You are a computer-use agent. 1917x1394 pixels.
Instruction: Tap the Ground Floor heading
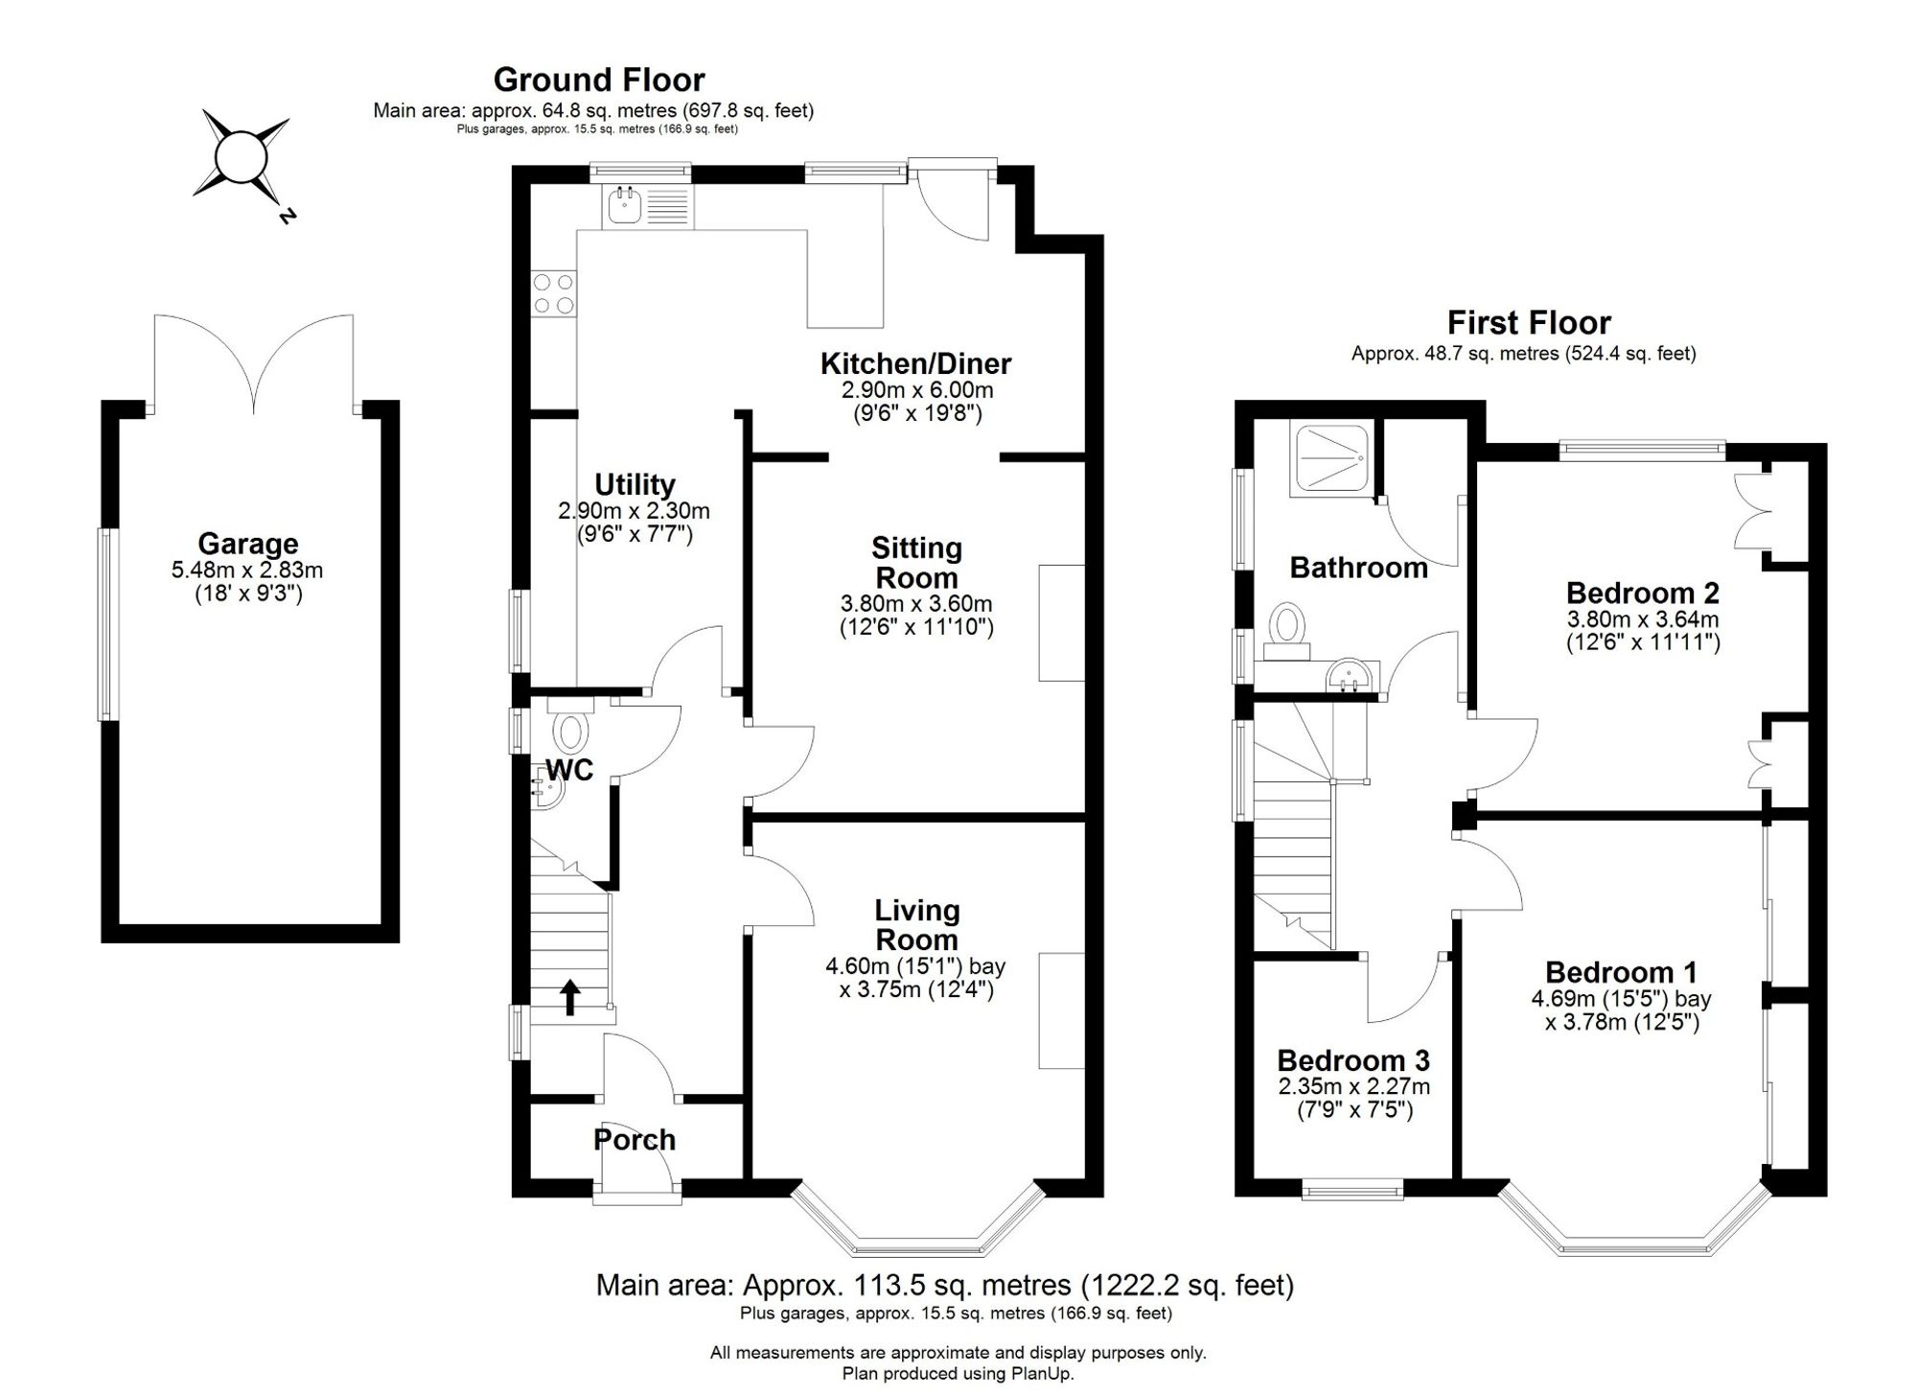[599, 80]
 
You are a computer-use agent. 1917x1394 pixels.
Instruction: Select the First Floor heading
[1529, 322]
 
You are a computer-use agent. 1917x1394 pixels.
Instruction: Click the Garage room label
[248, 544]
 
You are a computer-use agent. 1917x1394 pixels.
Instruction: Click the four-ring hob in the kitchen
[554, 294]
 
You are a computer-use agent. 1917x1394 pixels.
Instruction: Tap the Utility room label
[635, 484]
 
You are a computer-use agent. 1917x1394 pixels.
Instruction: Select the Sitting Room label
[916, 563]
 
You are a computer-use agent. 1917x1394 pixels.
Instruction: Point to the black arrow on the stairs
[569, 997]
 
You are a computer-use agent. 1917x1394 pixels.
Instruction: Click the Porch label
[635, 1139]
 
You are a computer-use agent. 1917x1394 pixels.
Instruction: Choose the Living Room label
[917, 925]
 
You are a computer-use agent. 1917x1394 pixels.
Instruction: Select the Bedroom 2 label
[1643, 592]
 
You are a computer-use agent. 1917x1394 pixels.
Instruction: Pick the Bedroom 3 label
[1353, 1060]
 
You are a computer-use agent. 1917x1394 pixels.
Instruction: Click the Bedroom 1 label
[1622, 972]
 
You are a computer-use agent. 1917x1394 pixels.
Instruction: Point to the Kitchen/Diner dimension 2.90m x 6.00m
[917, 390]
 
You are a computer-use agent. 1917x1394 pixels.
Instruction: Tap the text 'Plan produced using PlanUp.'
[958, 1374]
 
